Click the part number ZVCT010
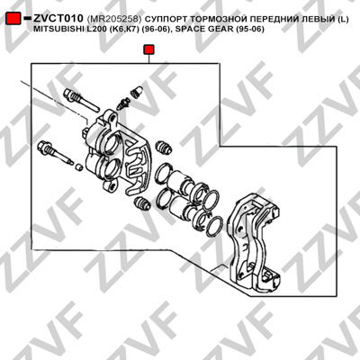(58, 19)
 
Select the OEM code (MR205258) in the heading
(114, 19)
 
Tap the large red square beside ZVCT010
(13, 19)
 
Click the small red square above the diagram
(148, 49)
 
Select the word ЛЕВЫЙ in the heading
(312, 19)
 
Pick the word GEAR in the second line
(221, 30)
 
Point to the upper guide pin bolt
(81, 100)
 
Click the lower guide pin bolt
(56, 152)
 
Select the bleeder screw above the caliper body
(124, 103)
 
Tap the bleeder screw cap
(137, 91)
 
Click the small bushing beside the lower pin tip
(79, 166)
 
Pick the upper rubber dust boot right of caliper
(165, 147)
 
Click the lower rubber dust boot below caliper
(142, 203)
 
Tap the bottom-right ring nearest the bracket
(214, 227)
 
